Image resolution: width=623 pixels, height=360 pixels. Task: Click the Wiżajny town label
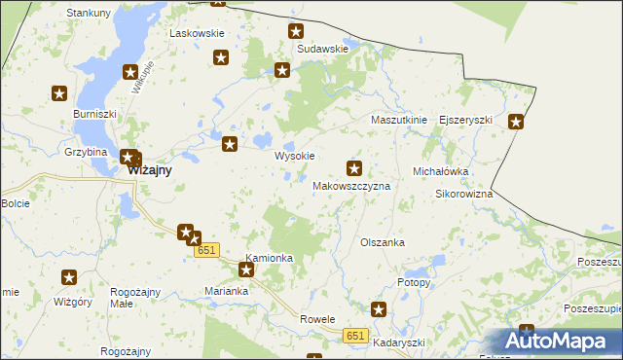click(x=150, y=169)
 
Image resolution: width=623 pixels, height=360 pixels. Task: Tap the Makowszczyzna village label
click(x=351, y=185)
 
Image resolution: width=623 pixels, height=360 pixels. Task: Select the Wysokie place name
click(x=294, y=156)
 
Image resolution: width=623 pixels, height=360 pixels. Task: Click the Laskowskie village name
click(x=198, y=33)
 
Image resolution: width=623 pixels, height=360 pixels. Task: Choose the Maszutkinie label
click(x=399, y=120)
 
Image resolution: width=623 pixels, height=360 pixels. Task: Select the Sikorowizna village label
click(x=463, y=194)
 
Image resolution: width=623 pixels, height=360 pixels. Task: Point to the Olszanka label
click(x=382, y=242)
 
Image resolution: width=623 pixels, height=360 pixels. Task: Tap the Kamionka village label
click(x=270, y=258)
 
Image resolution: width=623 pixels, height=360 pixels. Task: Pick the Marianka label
click(x=228, y=291)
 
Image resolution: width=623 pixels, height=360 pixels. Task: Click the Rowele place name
click(x=317, y=319)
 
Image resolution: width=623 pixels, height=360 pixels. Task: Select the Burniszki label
click(x=94, y=114)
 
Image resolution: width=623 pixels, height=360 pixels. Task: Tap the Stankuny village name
click(x=88, y=13)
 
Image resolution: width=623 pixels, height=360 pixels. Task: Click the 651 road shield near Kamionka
click(x=205, y=251)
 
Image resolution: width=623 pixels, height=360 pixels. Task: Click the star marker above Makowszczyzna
click(x=354, y=167)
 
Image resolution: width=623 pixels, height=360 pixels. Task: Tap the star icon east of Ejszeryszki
click(x=516, y=122)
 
